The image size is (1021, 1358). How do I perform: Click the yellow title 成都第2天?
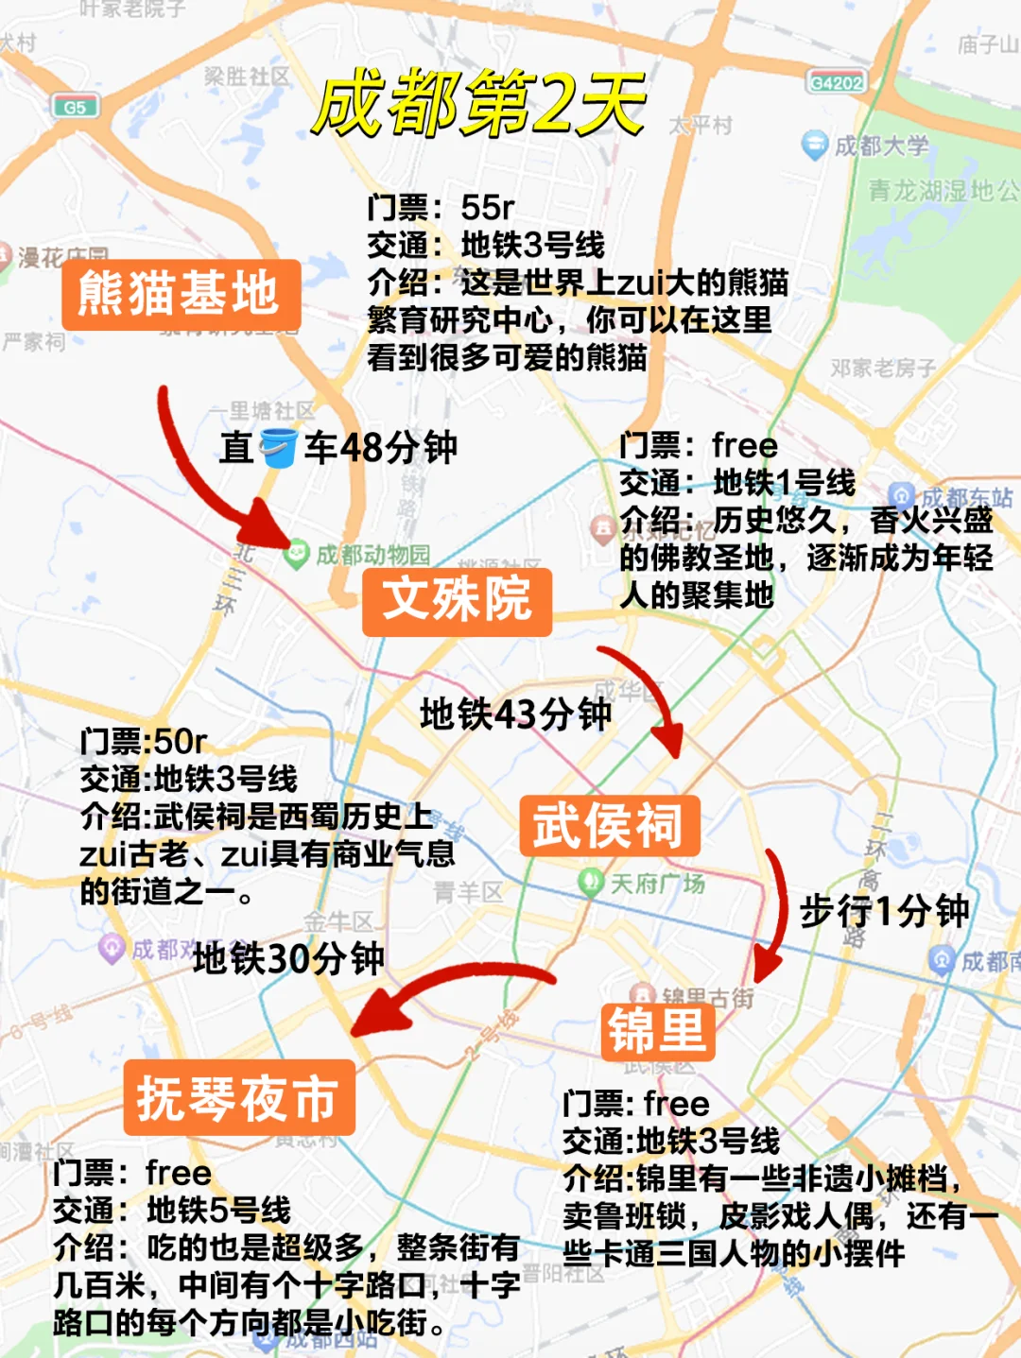pyautogui.click(x=479, y=102)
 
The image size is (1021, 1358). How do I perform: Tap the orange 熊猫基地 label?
pyautogui.click(x=180, y=294)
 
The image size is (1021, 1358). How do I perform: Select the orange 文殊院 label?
pyautogui.click(x=457, y=600)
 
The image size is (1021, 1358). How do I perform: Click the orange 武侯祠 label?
pyautogui.click(x=609, y=826)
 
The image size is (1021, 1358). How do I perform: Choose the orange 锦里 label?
pyautogui.click(x=657, y=1030)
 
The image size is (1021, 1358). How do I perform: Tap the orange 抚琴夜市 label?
pyautogui.click(x=238, y=1097)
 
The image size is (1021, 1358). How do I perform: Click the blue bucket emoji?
pyautogui.click(x=278, y=447)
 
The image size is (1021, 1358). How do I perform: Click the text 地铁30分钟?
pyautogui.click(x=288, y=959)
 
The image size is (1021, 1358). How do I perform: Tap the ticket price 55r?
pyautogui.click(x=488, y=207)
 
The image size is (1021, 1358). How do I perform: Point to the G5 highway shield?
pyautogui.click(x=75, y=107)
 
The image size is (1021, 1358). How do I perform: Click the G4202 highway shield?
pyautogui.click(x=837, y=83)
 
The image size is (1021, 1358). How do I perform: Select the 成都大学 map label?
pyautogui.click(x=880, y=146)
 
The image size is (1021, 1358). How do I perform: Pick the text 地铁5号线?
pyautogui.click(x=218, y=1210)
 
